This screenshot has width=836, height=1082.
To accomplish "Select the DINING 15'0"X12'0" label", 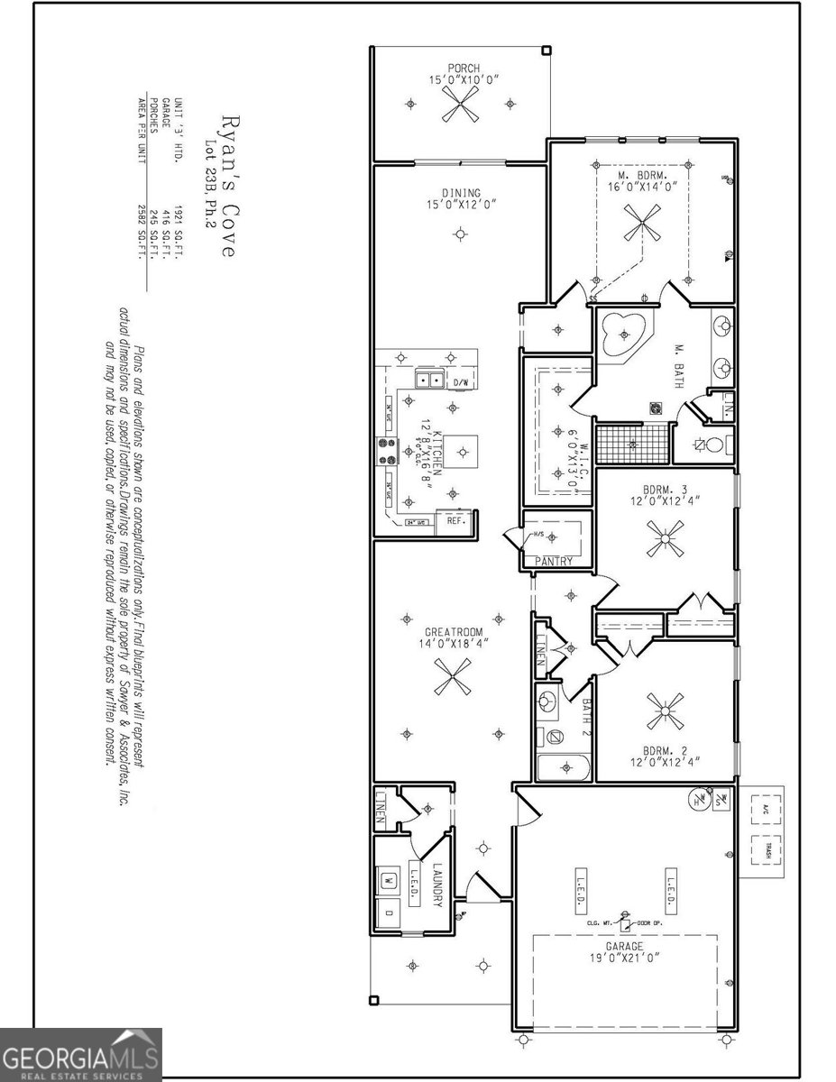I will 461,197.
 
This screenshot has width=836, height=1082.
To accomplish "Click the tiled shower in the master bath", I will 632,445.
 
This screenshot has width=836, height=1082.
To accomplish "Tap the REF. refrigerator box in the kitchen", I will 455,521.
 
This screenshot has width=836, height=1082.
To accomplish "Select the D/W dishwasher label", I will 461,382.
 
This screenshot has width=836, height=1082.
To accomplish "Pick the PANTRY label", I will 554,561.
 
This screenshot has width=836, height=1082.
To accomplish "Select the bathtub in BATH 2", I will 564,768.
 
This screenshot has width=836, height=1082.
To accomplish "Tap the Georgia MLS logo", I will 81,1055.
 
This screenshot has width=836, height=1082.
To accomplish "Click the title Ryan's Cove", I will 227,189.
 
